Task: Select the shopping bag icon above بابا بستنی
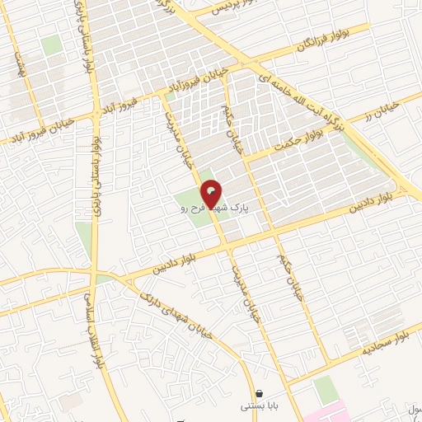[260, 393]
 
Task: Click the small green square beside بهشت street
[52, 45]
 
